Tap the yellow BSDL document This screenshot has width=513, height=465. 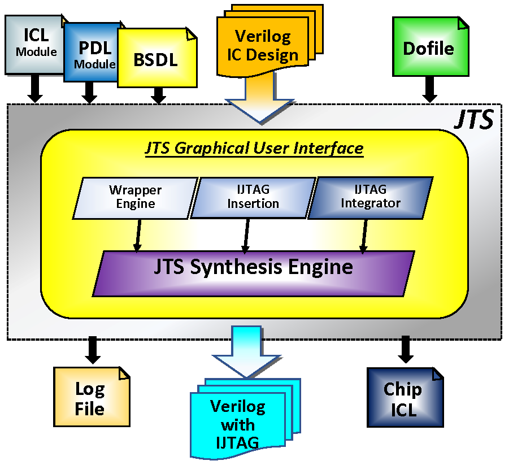click(156, 60)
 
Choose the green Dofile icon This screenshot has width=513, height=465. click(428, 48)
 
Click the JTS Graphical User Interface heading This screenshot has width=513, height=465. click(254, 148)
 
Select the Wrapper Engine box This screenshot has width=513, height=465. click(136, 197)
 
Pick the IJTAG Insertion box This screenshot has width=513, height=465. click(253, 197)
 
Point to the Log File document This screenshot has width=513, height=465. click(90, 398)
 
